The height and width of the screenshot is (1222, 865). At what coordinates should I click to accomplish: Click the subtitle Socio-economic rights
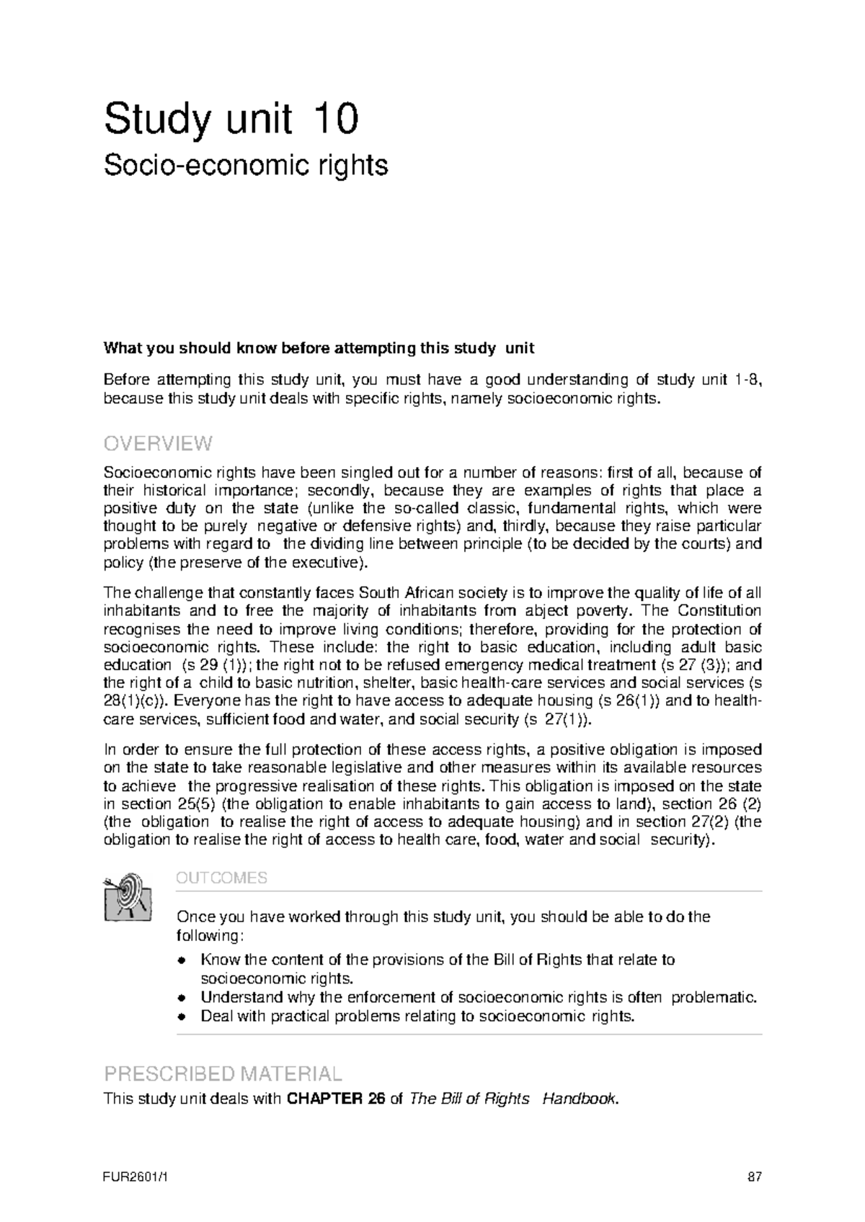point(246,166)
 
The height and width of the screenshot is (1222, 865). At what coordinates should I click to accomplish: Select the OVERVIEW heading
point(158,442)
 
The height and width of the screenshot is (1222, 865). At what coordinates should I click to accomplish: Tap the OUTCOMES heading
point(221,878)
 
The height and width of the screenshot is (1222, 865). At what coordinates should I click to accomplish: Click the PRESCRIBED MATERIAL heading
point(223,1074)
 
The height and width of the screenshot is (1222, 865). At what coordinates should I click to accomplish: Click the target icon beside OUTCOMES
point(128,896)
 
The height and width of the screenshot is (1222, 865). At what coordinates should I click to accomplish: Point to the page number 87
point(754,1177)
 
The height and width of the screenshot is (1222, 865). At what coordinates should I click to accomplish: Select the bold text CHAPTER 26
point(336,1100)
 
